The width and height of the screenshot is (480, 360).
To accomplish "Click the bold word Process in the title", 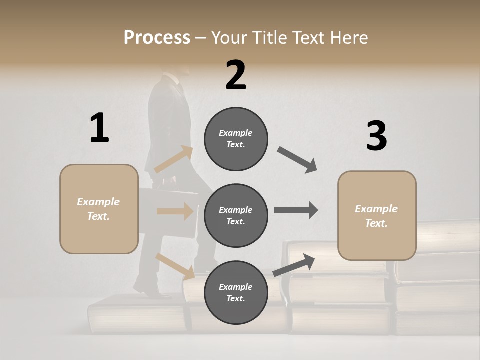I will [x=157, y=37].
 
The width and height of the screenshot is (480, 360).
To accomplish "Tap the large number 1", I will [x=99, y=128].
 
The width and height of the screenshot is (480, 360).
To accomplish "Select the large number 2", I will [x=236, y=75].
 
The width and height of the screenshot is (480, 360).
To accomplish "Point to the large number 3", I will [x=376, y=136].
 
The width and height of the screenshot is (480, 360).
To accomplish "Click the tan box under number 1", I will [x=99, y=209].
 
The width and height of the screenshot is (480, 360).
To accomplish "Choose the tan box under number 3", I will [x=377, y=216].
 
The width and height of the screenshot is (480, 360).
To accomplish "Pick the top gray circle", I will [x=236, y=139].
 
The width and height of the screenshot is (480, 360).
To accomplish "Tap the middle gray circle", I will [x=236, y=215].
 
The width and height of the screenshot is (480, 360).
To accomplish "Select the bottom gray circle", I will [x=236, y=292].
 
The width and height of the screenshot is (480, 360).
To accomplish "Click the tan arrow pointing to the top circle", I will [x=174, y=159].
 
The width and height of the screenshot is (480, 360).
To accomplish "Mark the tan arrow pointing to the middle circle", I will [x=175, y=211].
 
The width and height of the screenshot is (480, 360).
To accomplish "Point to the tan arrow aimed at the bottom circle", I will [x=175, y=266].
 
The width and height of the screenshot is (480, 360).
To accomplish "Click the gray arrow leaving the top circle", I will [x=297, y=160].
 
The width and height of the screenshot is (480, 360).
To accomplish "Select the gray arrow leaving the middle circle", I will [x=296, y=210].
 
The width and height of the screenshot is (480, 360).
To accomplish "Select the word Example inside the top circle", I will [x=235, y=133].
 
